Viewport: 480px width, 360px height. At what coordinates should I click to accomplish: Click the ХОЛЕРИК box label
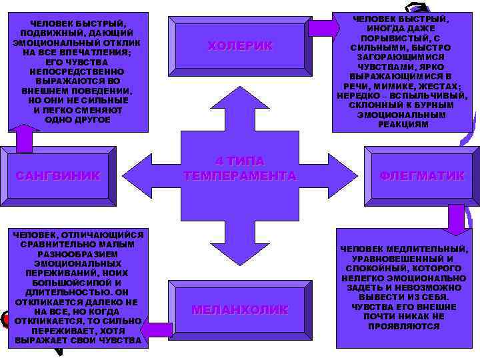pos(240,46)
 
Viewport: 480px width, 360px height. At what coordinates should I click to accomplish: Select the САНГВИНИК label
pos(58,176)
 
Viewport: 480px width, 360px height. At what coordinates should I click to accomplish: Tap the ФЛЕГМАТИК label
pos(422,176)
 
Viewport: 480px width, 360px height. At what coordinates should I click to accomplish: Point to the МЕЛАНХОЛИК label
pos(240,310)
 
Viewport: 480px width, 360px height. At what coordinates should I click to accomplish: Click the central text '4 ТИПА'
pos(240,161)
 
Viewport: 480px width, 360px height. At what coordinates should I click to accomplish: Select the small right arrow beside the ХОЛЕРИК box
pos(323,29)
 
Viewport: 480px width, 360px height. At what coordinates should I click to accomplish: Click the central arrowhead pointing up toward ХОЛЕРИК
pos(240,100)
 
